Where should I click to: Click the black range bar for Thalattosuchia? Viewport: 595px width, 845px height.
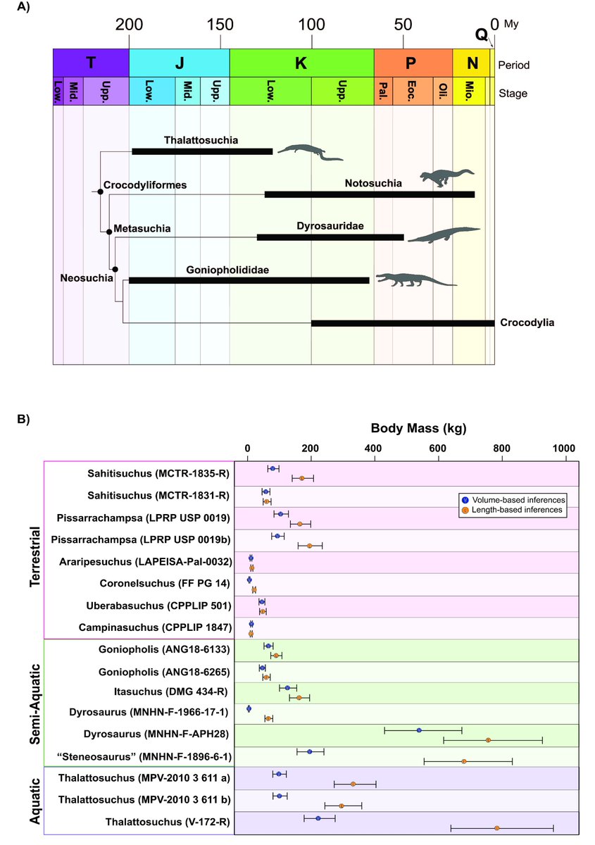[x=202, y=151]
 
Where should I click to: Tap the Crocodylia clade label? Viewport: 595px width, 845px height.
[x=527, y=323]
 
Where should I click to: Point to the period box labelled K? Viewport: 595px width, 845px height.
[x=301, y=63]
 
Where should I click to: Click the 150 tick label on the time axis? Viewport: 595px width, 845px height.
[x=220, y=25]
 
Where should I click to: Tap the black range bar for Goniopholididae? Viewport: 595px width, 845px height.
[x=249, y=280]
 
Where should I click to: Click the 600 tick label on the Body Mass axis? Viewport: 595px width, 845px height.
[x=439, y=447]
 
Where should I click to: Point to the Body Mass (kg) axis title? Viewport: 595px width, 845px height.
[x=418, y=427]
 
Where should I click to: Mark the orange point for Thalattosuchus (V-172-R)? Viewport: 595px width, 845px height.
[x=497, y=828]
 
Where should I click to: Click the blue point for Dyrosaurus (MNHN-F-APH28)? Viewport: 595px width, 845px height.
[x=419, y=731]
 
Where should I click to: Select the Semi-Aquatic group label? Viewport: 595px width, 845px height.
[x=33, y=701]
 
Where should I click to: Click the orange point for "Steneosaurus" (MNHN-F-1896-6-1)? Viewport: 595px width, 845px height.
[x=464, y=761]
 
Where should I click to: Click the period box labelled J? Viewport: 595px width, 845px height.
[x=179, y=63]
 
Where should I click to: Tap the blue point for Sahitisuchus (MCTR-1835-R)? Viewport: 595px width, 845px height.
[x=272, y=468]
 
